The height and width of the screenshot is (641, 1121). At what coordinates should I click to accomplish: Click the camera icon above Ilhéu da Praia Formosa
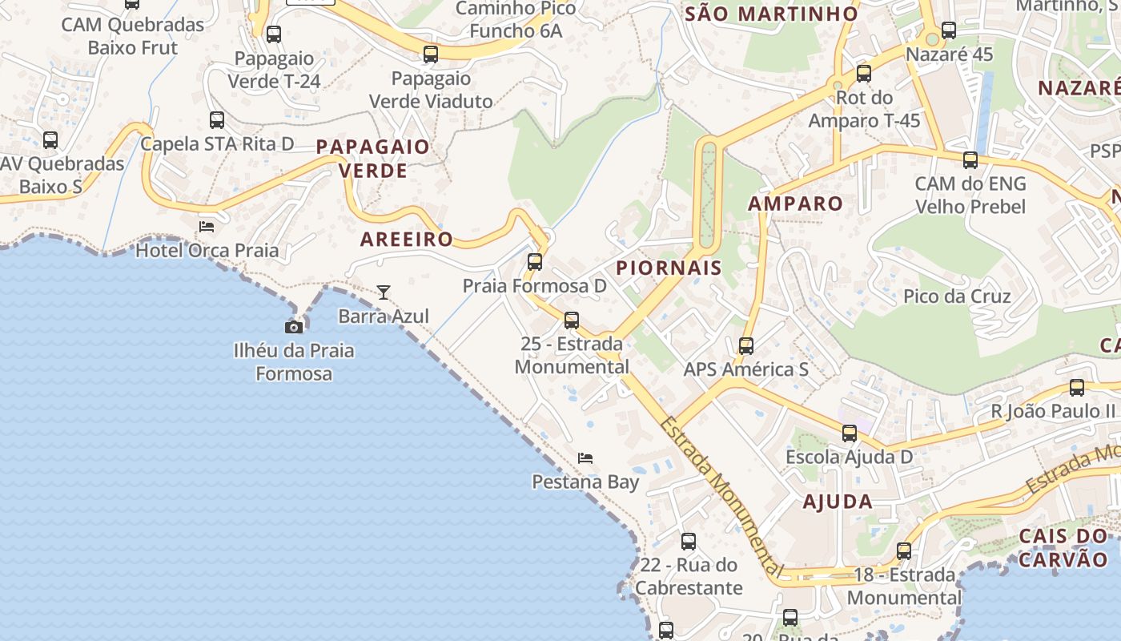(294, 327)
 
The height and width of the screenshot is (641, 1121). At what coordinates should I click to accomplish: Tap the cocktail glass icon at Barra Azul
(384, 292)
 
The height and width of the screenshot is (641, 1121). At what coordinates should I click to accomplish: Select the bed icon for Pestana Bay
(585, 458)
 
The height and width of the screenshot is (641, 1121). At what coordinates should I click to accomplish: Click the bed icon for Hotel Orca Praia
(207, 227)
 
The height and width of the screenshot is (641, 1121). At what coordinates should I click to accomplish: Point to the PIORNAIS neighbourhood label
(669, 268)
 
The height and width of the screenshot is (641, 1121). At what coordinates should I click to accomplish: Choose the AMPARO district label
(795, 204)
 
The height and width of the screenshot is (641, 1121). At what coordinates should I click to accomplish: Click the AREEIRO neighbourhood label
(407, 239)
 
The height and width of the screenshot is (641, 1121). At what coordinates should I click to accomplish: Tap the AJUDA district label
(838, 502)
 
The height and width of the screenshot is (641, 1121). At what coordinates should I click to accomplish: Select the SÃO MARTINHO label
(772, 14)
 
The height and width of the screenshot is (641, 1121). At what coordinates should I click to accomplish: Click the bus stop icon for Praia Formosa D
(535, 262)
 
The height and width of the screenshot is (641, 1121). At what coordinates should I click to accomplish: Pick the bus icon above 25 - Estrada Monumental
(572, 320)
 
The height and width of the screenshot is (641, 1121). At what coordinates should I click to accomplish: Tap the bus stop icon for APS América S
(746, 346)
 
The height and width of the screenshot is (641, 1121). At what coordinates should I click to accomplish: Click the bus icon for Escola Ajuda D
(850, 433)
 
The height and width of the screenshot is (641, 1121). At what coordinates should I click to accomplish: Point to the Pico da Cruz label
(957, 296)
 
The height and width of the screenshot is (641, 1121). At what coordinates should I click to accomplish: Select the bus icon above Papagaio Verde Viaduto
(431, 54)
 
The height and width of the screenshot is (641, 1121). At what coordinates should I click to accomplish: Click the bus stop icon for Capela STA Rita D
(217, 120)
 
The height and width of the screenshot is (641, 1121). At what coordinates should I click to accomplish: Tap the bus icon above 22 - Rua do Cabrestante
(689, 542)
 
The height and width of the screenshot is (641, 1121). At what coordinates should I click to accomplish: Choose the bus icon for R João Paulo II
(1077, 388)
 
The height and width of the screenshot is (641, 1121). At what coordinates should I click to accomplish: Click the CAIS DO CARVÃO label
(1063, 547)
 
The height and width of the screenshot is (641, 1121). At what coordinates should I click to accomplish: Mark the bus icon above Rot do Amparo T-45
(864, 74)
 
